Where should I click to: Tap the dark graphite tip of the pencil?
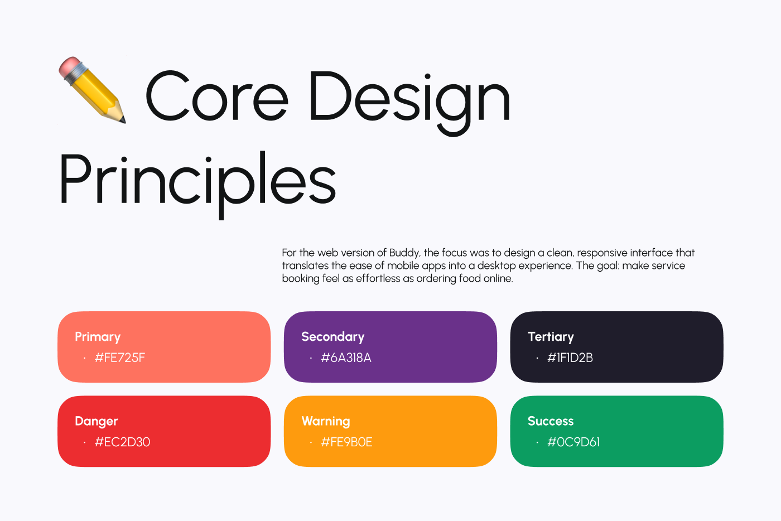[122, 119]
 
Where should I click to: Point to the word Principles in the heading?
[197, 180]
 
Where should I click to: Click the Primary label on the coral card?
[98, 337]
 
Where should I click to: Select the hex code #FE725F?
[119, 358]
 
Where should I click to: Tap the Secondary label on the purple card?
[332, 337]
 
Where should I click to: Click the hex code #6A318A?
[346, 358]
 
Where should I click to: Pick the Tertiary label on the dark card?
[551, 337]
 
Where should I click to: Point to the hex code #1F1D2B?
[570, 358]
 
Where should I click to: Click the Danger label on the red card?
[96, 421]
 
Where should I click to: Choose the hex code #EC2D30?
[122, 442]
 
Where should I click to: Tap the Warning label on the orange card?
[326, 421]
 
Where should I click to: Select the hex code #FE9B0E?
[346, 442]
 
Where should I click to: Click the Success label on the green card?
[551, 421]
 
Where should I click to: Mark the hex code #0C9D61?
[573, 442]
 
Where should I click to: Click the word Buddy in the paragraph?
[404, 253]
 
